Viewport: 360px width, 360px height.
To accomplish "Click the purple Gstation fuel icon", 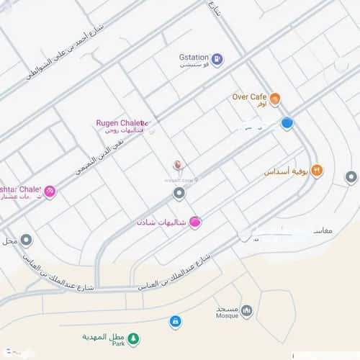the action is [217, 60].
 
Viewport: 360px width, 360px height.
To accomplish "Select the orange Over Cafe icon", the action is [274, 99].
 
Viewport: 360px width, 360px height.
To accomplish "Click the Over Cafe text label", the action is [248, 96].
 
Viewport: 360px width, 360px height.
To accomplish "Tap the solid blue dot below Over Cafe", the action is [287, 123].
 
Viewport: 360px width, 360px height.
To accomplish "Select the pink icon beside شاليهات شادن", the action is [195, 222].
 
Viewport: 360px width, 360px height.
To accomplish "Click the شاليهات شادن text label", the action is [162, 222].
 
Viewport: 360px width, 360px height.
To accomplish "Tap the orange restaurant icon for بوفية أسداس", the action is [317, 171].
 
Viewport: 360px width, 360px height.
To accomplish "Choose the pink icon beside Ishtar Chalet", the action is [50, 191].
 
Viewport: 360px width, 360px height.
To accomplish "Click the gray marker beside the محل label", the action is [26, 240].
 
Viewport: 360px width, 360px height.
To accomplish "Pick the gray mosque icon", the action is [246, 310].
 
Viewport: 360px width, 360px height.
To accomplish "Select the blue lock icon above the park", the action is [174, 320].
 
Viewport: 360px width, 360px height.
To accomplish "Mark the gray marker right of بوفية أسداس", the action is [351, 176].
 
